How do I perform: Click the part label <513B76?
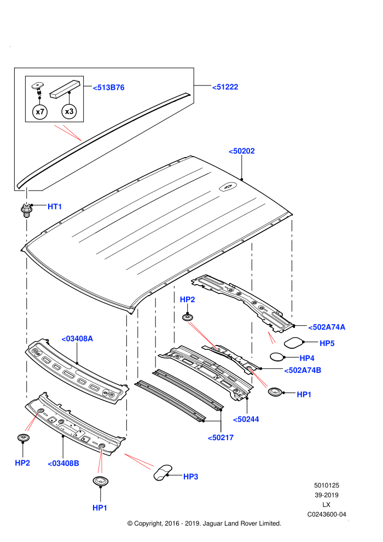pos(108,88)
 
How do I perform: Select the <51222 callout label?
pos(225,87)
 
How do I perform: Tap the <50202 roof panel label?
pos(242,151)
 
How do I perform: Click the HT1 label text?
pos(55,207)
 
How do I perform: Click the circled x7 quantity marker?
pos(40,112)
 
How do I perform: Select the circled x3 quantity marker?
pos(69,111)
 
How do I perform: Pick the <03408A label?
pos(77,339)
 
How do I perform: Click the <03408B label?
pos(63,464)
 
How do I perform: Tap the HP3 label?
pos(190,477)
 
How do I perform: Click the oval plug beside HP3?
pos(163,472)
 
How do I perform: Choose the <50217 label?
pos(220,438)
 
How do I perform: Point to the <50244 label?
pos(246,419)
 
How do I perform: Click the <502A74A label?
pos(327,327)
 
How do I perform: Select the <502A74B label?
pos(303,371)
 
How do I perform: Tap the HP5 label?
pos(327,343)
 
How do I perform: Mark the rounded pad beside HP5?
pos(294,342)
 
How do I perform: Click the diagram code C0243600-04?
pos(327,514)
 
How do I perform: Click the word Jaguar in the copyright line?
pos(213,524)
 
